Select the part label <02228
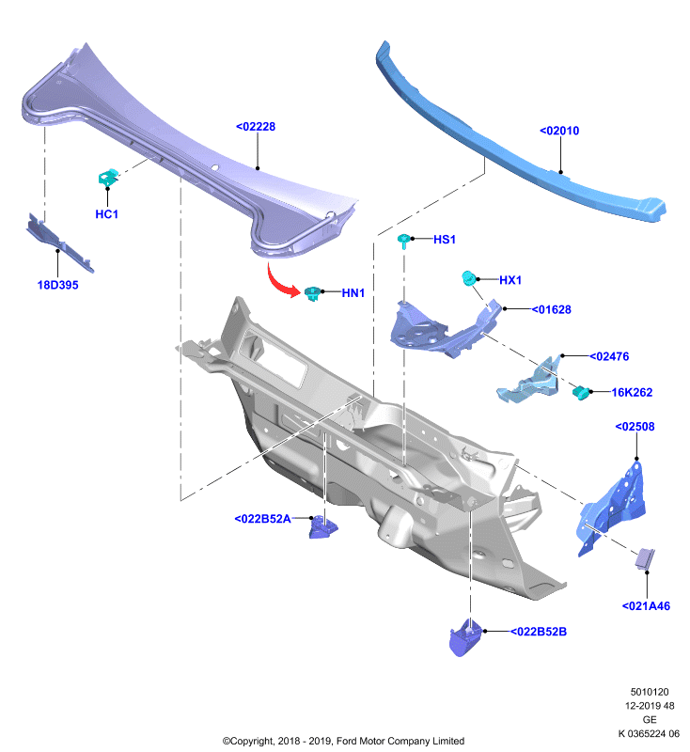point(256,127)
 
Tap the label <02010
point(559,131)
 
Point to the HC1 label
point(106,214)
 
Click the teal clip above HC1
point(108,178)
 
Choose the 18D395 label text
point(57,285)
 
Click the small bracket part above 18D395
point(59,243)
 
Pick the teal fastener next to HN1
point(313,293)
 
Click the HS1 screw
point(404,241)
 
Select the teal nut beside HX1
point(468,277)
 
